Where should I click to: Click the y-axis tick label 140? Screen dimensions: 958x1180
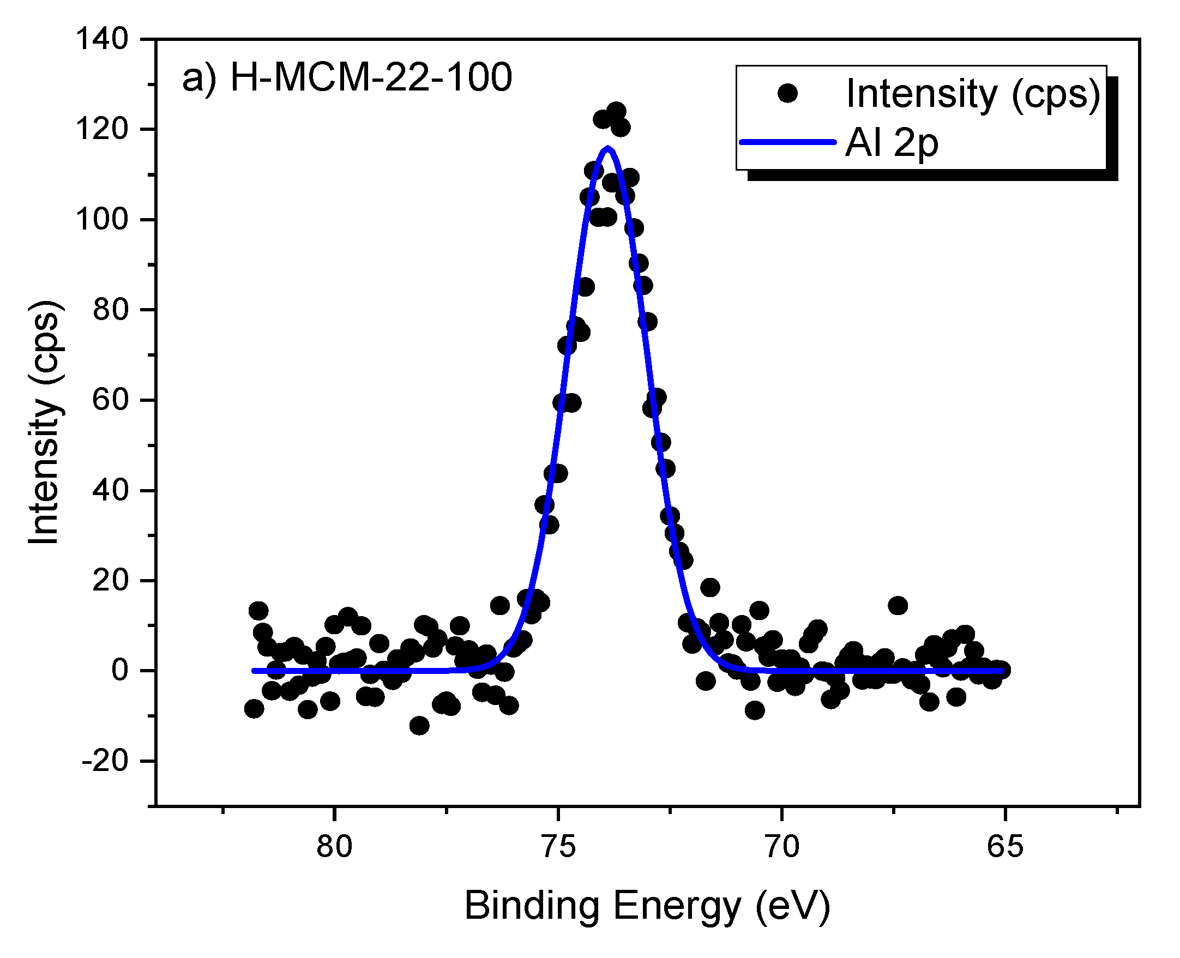(101, 39)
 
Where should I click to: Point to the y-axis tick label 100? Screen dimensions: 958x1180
(101, 220)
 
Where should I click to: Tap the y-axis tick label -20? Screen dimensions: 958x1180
(105, 761)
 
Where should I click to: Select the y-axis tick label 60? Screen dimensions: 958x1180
(110, 400)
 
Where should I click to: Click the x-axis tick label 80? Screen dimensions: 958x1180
(334, 846)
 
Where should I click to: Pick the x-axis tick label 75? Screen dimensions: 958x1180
(558, 846)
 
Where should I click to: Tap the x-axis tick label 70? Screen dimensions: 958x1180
(782, 846)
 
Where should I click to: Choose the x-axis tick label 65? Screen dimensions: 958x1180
(1005, 846)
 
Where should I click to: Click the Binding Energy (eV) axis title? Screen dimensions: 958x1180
(647, 906)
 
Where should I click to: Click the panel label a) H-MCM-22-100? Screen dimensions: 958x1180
(347, 77)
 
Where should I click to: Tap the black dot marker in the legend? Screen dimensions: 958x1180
(787, 93)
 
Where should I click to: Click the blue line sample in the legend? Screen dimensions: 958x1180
(787, 142)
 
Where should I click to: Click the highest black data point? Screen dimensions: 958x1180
(617, 111)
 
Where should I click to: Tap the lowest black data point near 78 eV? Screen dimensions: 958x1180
(419, 725)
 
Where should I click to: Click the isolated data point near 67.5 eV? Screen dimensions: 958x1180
(898, 605)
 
